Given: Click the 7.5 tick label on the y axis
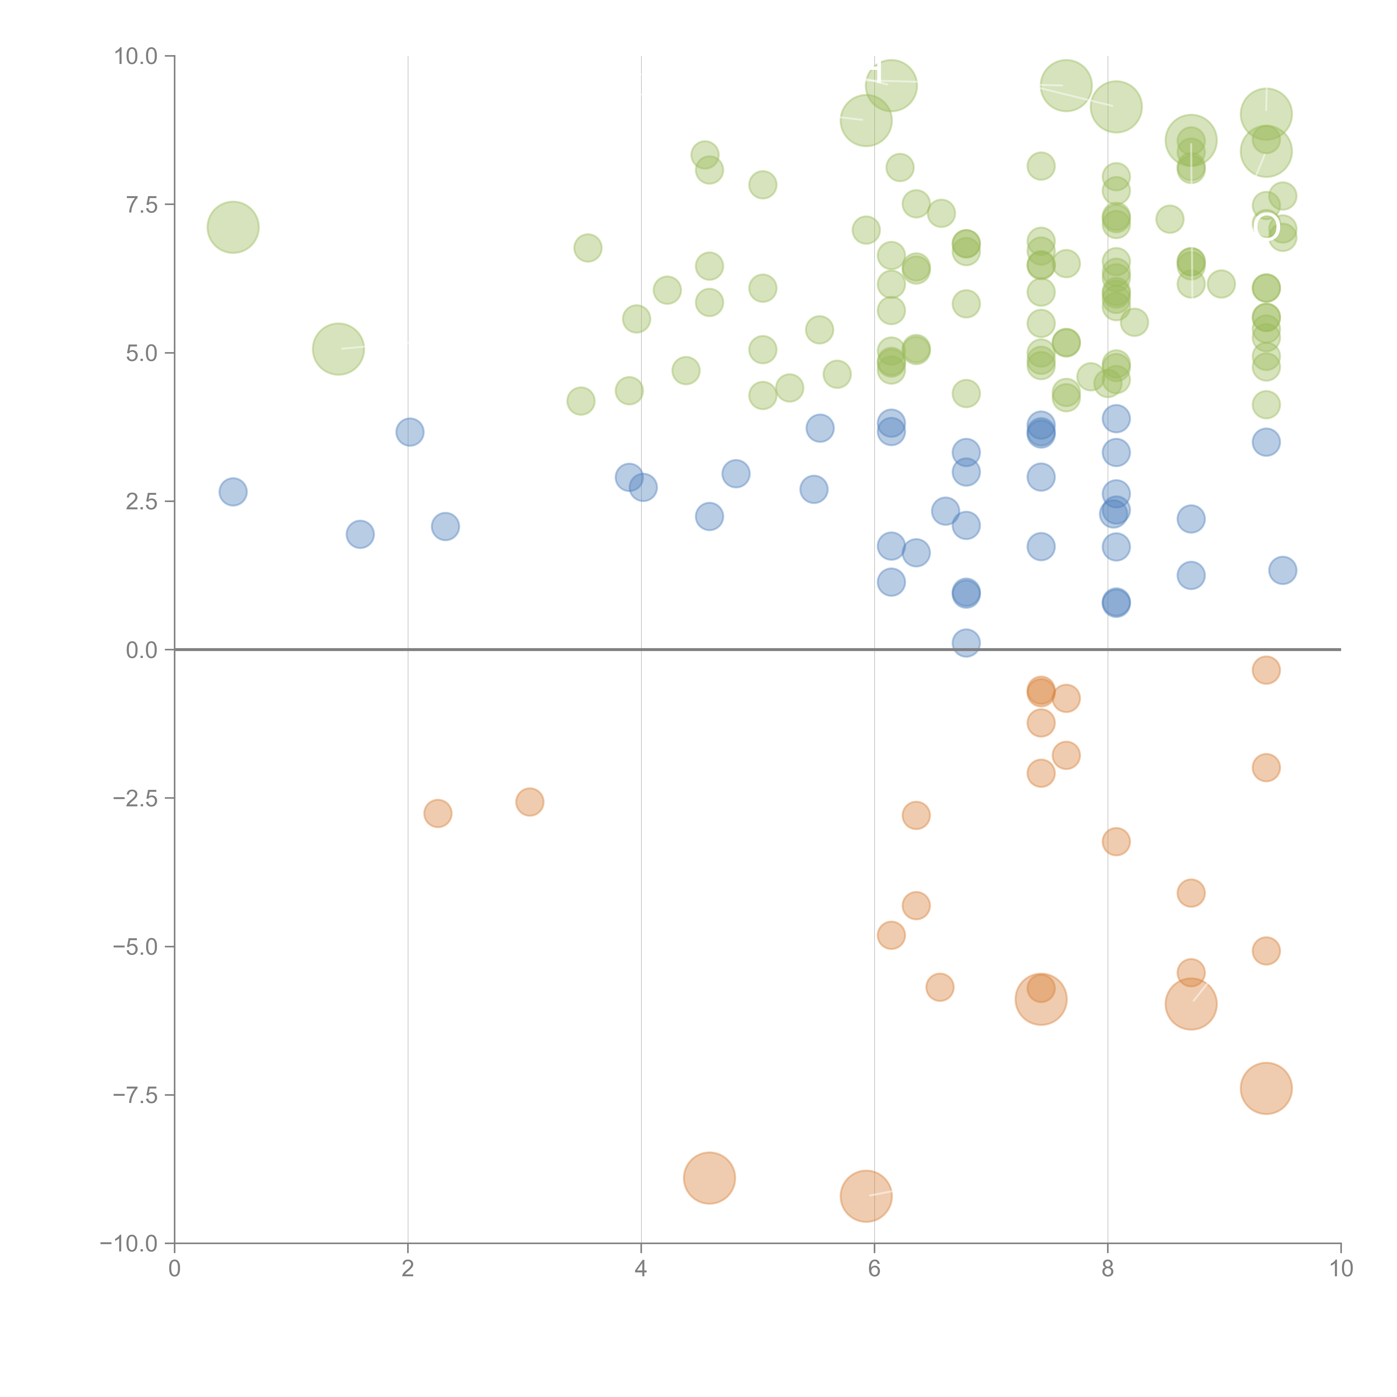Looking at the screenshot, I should [x=141, y=205].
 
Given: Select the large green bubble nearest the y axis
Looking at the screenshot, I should [x=233, y=227].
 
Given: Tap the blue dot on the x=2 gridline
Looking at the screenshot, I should [x=409, y=433].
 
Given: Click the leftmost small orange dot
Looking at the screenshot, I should [x=438, y=813].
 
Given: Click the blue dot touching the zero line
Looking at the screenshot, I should [x=966, y=642].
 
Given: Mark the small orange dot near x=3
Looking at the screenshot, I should [x=529, y=802].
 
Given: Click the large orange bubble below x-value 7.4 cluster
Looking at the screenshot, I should [x=1040, y=999].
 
